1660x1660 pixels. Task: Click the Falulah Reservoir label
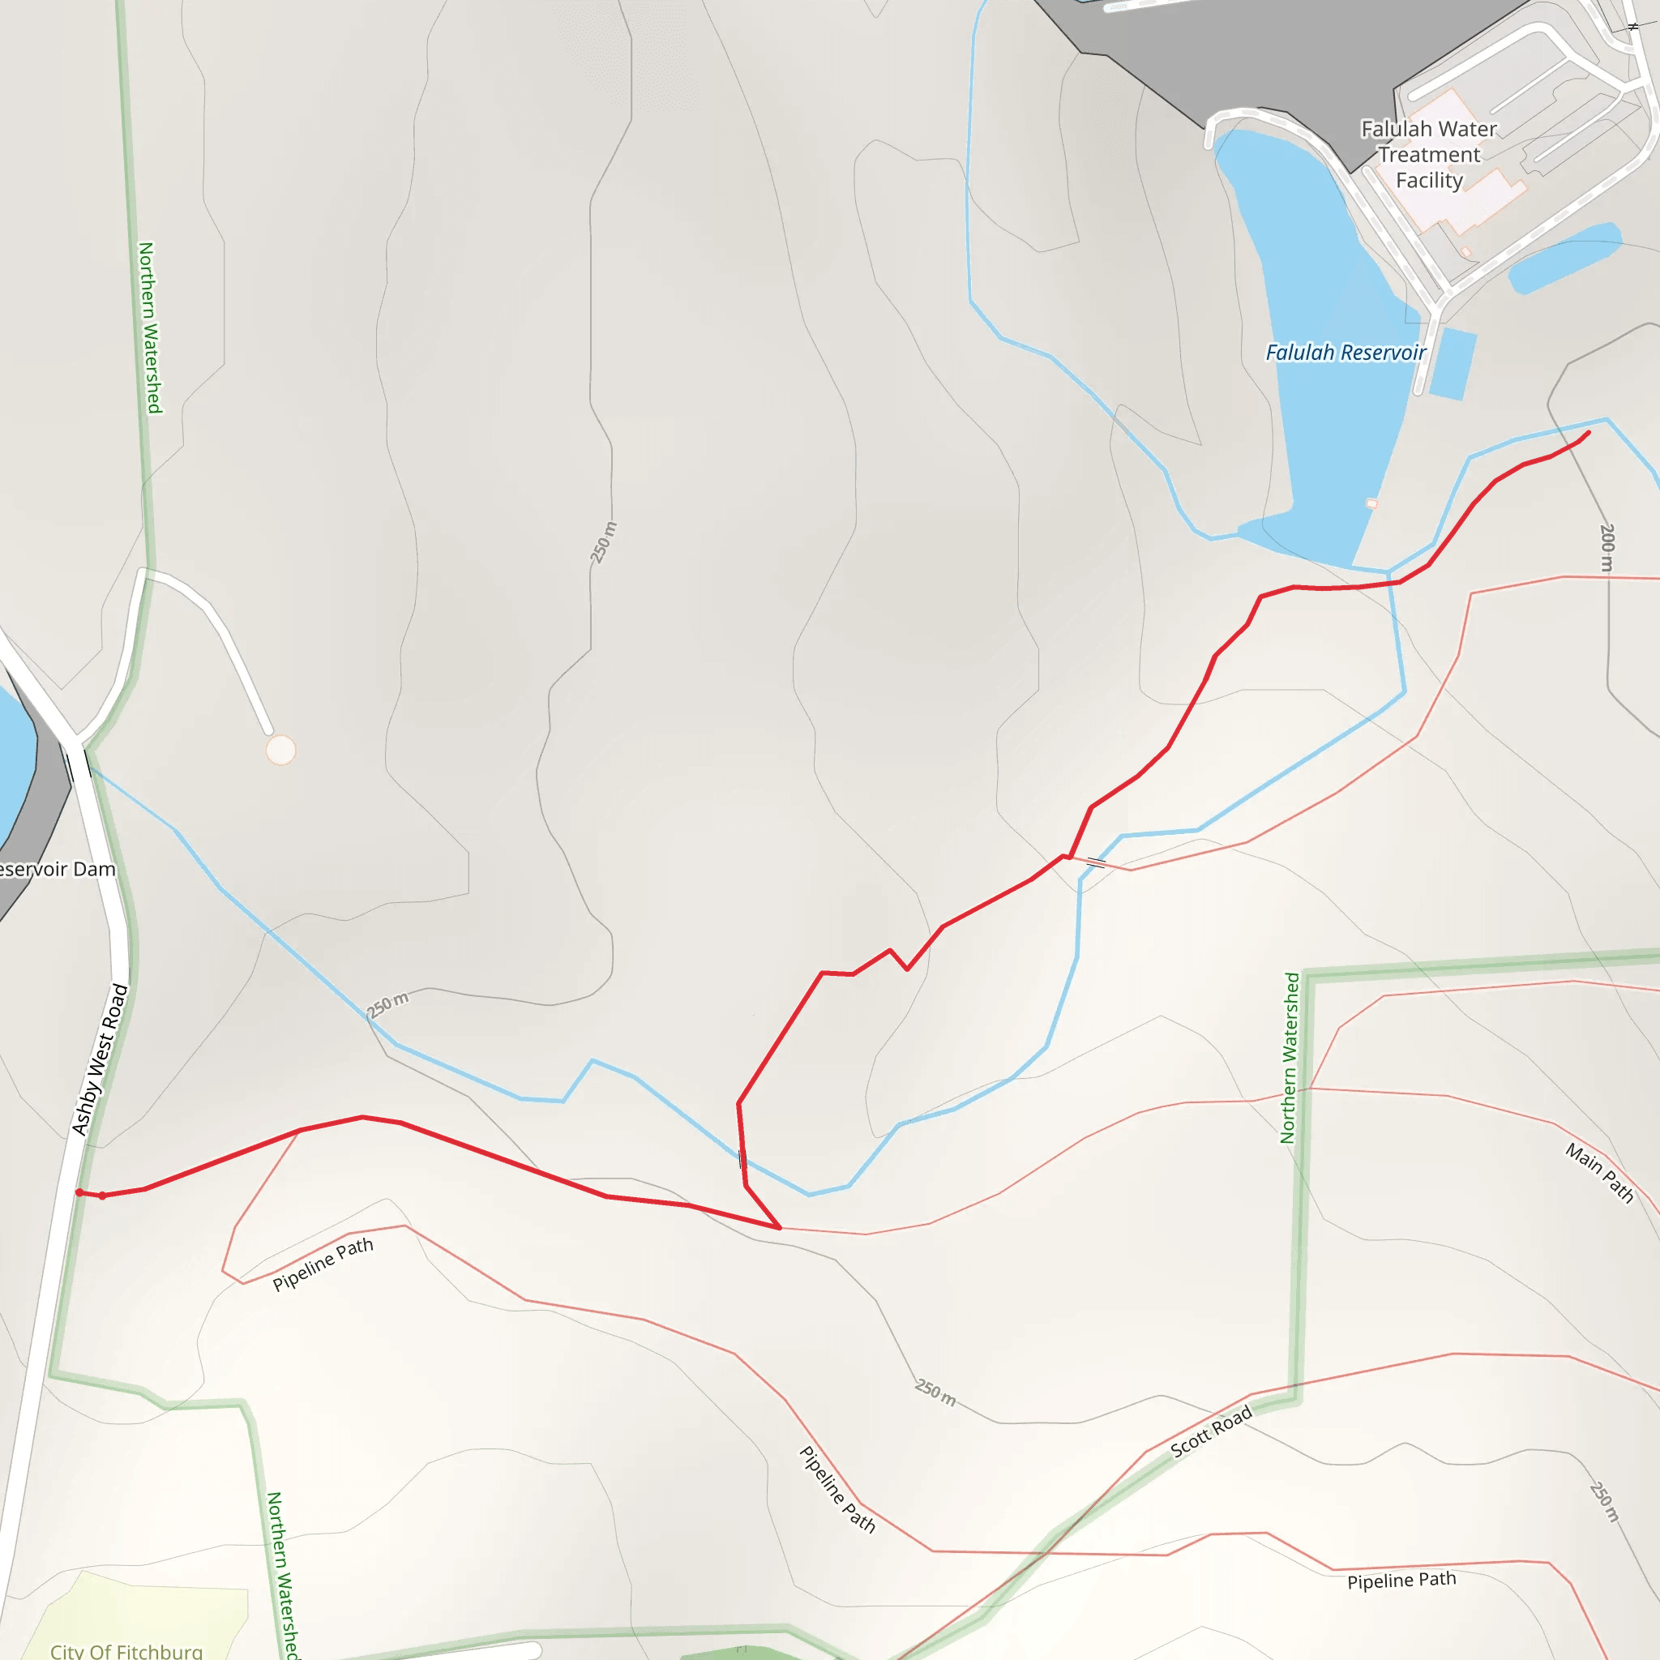pos(1345,353)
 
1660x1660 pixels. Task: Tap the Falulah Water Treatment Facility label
pos(1429,155)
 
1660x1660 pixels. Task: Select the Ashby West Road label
pos(100,1059)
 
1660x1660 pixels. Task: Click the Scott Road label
pos(1211,1431)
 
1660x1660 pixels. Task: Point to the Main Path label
pos(1598,1172)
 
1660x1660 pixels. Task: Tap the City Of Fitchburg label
pos(126,1650)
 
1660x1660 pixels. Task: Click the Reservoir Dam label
pos(57,869)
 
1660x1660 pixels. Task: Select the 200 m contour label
pos(1607,547)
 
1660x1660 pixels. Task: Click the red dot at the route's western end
pos(80,1192)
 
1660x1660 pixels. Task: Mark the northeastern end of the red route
pos(1588,433)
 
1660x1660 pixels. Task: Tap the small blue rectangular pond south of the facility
pos(1455,363)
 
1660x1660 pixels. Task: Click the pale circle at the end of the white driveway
pos(280,750)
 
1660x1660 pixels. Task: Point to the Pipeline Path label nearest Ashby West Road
pos(323,1264)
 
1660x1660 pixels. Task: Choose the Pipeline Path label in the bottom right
pos(1401,1580)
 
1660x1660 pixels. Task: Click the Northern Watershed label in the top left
pos(151,327)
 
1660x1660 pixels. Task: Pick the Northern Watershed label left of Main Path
pos(1290,1058)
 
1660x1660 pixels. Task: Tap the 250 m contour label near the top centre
pos(603,542)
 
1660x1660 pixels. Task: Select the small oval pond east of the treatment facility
pos(1564,257)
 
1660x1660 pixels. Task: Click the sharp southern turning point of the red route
pos(779,1228)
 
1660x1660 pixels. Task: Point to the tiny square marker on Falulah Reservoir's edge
pos(1371,503)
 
